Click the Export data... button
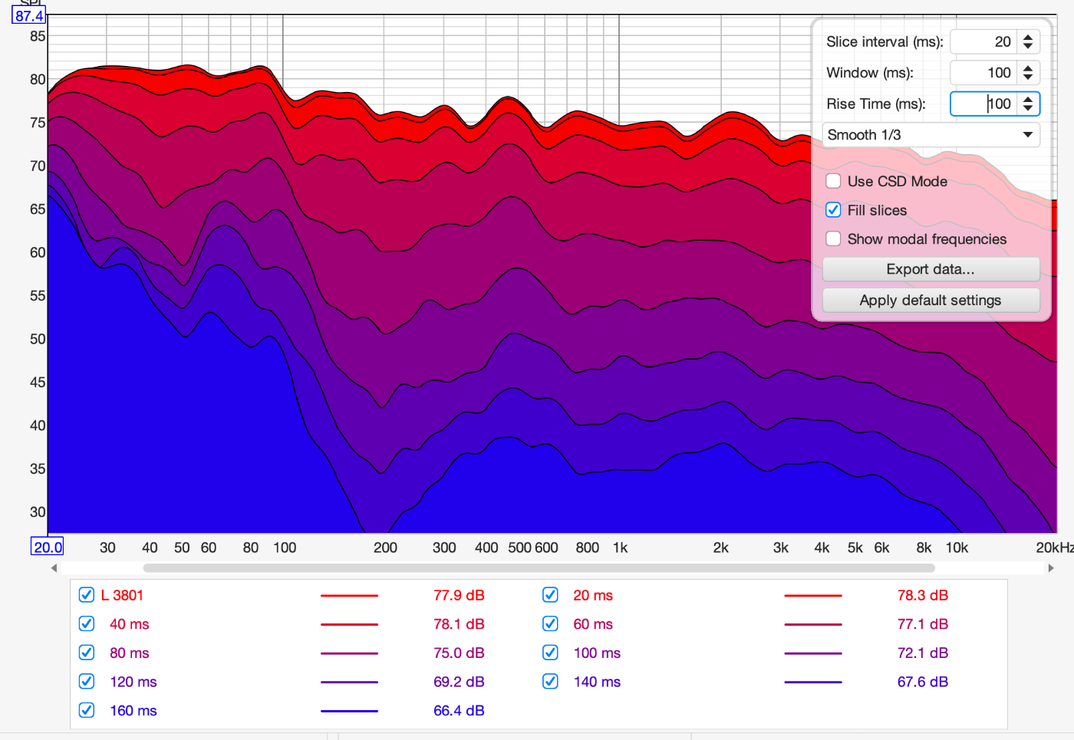click(x=931, y=269)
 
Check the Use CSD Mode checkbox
click(x=833, y=181)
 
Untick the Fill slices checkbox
click(x=833, y=210)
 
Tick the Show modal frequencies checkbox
click(x=833, y=238)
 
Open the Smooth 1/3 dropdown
click(x=931, y=135)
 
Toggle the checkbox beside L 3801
click(x=86, y=595)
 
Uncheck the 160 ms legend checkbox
click(x=86, y=710)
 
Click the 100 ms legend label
click(x=597, y=653)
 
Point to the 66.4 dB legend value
click(x=459, y=710)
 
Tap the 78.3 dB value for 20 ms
click(x=922, y=595)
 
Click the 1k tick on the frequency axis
click(x=620, y=548)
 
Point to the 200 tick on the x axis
click(x=385, y=548)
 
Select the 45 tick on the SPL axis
click(x=38, y=382)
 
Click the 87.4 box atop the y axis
click(x=29, y=16)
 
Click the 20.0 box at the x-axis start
click(x=47, y=547)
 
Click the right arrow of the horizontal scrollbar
click(x=1051, y=568)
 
